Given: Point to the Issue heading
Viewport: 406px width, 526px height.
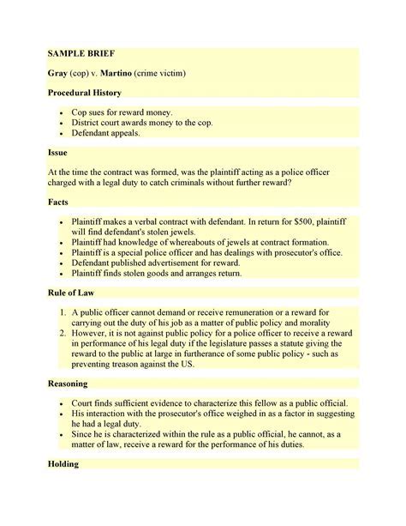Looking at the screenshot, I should [x=60, y=152].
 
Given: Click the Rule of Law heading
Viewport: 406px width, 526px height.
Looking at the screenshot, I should [x=78, y=293].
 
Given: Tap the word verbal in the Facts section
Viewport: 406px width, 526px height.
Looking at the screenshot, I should [x=152, y=221].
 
